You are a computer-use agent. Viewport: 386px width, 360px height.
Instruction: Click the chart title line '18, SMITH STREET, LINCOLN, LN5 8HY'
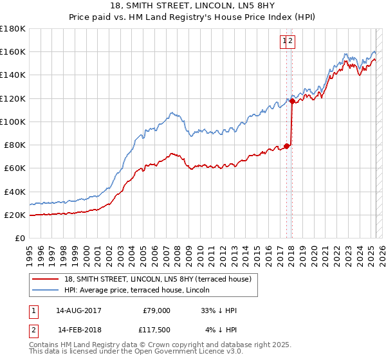click(193, 7)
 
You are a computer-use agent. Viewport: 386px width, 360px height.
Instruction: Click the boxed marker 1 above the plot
click(284, 41)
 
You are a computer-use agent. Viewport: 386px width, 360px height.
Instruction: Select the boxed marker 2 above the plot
click(291, 41)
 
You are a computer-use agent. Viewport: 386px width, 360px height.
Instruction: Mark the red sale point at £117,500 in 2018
click(292, 101)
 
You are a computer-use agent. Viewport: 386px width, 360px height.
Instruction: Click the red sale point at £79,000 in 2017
click(287, 146)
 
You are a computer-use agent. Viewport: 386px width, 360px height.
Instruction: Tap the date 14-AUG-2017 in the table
click(78, 310)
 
